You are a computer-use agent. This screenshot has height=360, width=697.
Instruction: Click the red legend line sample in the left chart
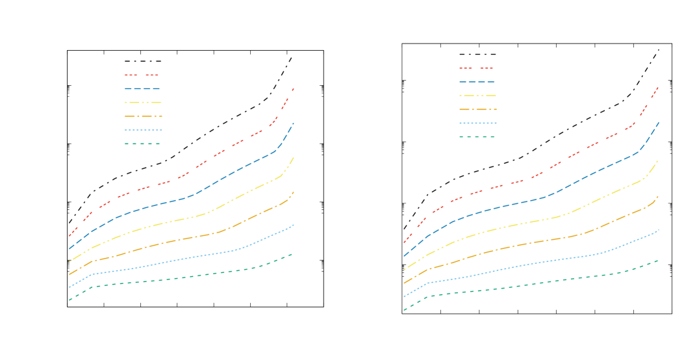[x=142, y=75]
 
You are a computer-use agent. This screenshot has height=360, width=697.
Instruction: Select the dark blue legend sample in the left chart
[x=142, y=89]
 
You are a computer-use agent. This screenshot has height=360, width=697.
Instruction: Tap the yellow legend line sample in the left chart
[x=142, y=103]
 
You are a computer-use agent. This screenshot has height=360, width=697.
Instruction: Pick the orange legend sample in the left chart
[x=142, y=116]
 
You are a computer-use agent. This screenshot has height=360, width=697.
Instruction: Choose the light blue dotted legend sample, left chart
[x=142, y=130]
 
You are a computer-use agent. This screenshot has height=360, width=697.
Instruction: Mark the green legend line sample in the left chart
[x=142, y=144]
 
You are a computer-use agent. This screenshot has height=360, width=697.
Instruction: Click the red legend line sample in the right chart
[x=477, y=68]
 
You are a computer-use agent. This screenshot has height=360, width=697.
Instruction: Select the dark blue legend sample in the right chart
[x=477, y=82]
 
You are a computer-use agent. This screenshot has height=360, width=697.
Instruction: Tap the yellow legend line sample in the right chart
[x=477, y=96]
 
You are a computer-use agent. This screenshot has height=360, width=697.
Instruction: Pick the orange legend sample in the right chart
[x=477, y=110]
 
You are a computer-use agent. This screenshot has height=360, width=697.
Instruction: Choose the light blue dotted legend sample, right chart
[x=477, y=123]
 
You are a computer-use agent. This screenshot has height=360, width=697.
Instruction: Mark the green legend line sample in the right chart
[x=477, y=137]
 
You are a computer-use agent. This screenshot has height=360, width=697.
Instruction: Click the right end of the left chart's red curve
[x=294, y=88]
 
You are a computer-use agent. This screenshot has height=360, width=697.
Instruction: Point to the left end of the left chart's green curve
[x=70, y=300]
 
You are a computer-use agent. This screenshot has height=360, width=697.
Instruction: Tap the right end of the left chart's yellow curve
[x=294, y=157]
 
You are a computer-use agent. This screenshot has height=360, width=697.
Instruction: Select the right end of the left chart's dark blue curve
[x=294, y=123]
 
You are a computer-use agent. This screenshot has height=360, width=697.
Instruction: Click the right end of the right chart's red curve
[x=659, y=86]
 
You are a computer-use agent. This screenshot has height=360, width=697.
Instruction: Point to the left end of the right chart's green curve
[x=404, y=310]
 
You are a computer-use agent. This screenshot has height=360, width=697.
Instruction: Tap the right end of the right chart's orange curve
[x=659, y=196]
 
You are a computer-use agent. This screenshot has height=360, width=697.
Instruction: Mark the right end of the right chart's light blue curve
[x=659, y=229]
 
